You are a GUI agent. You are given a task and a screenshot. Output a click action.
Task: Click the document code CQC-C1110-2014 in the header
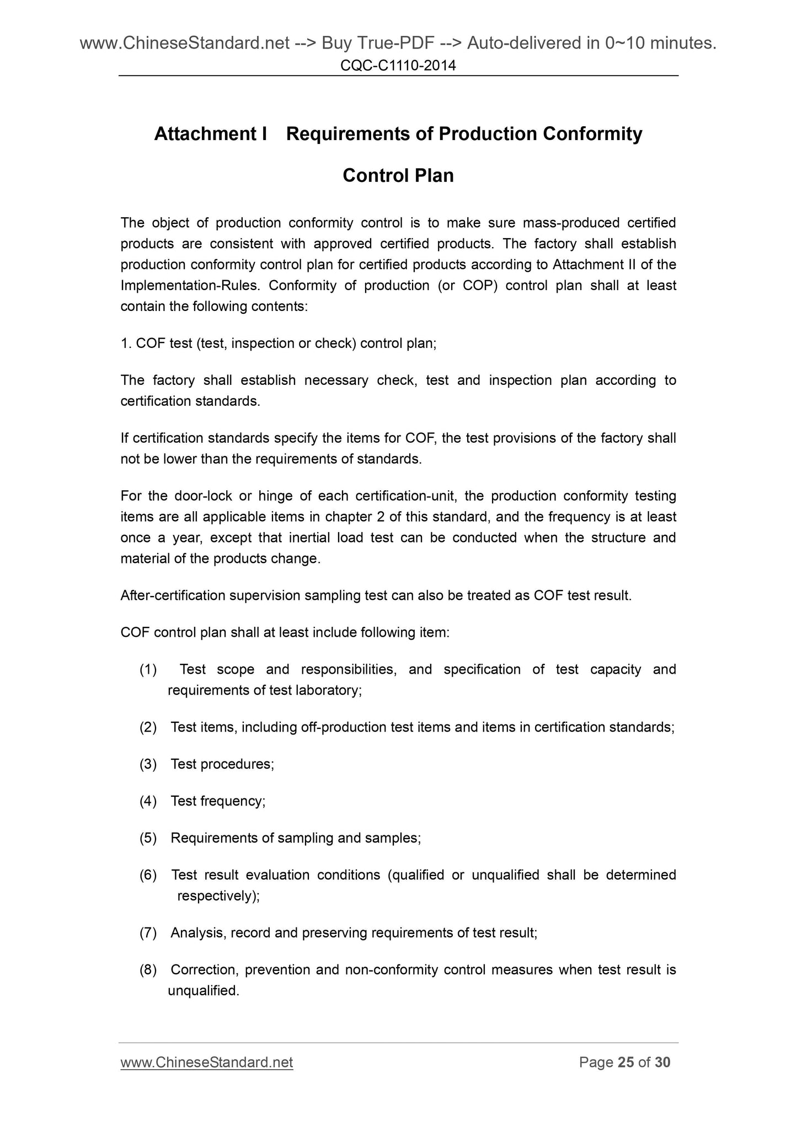(x=398, y=66)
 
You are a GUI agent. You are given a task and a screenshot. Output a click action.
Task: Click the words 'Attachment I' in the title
(x=210, y=134)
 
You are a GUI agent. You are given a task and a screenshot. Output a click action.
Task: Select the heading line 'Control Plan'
(x=398, y=175)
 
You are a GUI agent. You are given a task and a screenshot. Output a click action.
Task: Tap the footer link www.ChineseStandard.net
(x=206, y=1062)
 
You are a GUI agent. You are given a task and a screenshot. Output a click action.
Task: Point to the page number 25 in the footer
(x=625, y=1062)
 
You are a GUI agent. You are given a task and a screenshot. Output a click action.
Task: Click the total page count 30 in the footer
(x=662, y=1062)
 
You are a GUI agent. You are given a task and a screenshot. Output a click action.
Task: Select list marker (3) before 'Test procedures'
(x=148, y=764)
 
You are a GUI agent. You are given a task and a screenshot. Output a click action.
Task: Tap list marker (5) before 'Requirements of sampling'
(x=148, y=838)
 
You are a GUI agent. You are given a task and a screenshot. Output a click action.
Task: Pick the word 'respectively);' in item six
(x=218, y=896)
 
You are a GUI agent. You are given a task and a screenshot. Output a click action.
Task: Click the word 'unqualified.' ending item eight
(x=203, y=991)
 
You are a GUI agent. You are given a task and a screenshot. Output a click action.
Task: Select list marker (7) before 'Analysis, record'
(x=148, y=933)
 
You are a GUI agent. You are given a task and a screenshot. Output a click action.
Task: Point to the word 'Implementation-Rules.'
(x=191, y=286)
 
